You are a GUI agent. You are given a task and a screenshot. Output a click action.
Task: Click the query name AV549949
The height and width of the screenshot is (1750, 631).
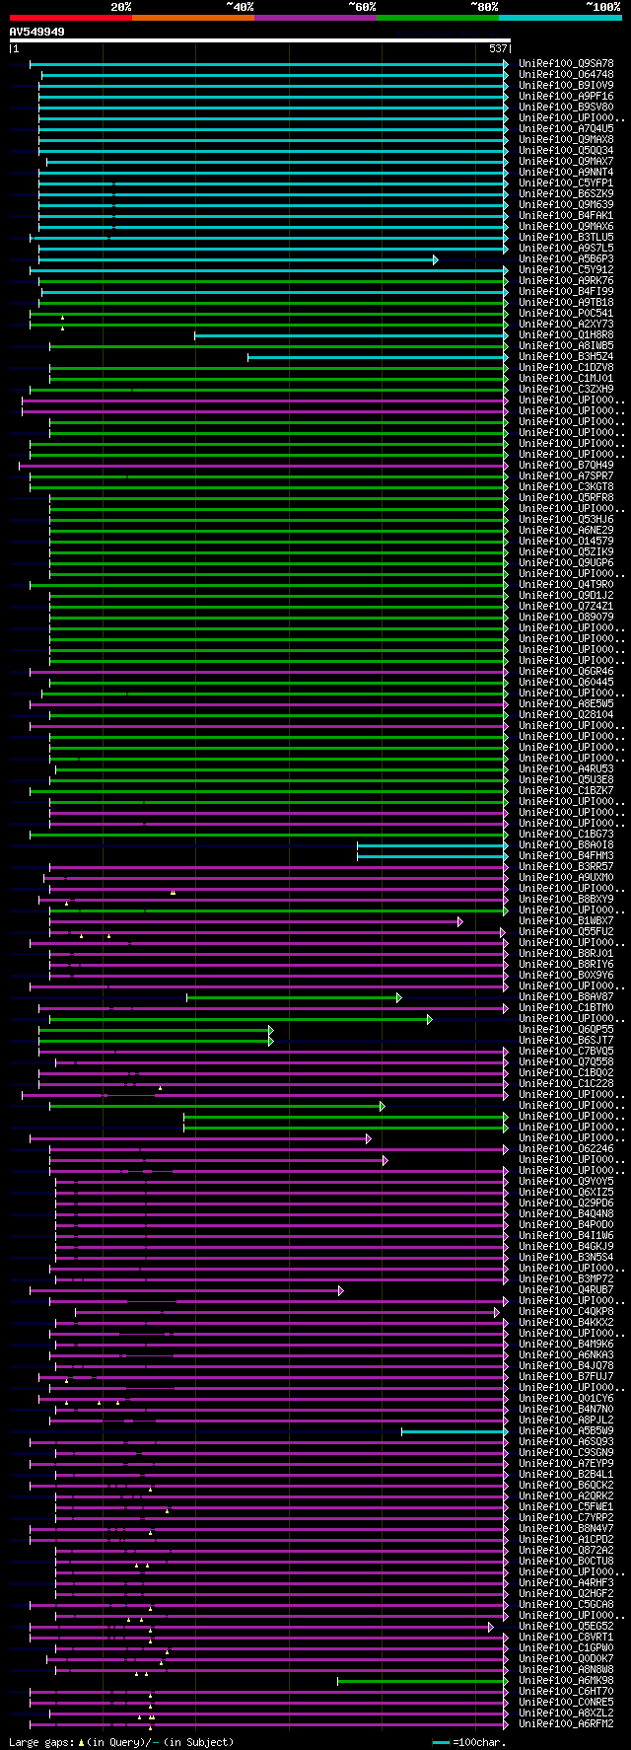click(x=37, y=32)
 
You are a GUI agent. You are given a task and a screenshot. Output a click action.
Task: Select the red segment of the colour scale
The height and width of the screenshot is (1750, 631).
click(x=70, y=18)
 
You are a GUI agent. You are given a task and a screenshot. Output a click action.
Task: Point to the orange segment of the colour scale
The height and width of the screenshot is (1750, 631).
click(x=192, y=18)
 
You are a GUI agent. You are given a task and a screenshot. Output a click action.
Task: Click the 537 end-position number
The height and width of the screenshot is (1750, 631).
click(x=498, y=48)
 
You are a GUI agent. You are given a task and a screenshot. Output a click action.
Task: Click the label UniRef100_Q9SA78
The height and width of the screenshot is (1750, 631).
click(x=566, y=64)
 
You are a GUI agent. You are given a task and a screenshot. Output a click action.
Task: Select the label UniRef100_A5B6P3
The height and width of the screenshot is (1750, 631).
click(x=566, y=259)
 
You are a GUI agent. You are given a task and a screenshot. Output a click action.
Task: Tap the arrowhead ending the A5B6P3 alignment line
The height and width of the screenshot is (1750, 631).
click(x=435, y=259)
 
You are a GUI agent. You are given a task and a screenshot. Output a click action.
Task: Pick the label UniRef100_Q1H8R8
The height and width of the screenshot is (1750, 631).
click(x=566, y=335)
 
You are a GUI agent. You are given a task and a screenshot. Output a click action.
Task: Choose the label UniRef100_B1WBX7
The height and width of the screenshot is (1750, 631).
click(x=566, y=921)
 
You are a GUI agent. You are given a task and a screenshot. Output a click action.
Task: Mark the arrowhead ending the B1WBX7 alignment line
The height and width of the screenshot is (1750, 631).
click(x=459, y=921)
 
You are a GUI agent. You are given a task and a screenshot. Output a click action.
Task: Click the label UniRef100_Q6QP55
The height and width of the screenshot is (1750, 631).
click(x=566, y=1030)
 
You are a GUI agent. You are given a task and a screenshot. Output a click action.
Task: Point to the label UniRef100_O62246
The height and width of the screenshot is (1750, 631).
click(x=566, y=1149)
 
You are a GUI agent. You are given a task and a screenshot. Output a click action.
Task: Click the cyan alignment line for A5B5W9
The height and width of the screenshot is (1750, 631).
click(x=454, y=1431)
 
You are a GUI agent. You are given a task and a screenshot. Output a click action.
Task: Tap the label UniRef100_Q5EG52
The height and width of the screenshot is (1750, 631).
click(x=566, y=1627)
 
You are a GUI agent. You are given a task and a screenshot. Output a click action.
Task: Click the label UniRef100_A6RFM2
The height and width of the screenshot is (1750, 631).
click(x=566, y=1724)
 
